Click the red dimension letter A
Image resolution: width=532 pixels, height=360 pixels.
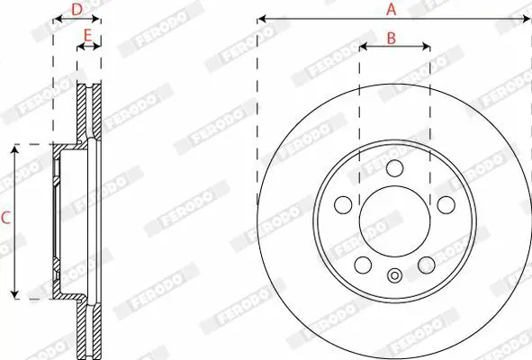(392, 9)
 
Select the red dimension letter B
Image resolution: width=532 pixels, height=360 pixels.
(392, 39)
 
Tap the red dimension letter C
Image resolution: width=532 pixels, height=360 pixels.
(5, 218)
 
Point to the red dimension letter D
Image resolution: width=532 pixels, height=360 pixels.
(77, 10)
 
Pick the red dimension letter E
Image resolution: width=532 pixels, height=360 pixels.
(87, 35)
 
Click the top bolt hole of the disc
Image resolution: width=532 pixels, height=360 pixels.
(394, 168)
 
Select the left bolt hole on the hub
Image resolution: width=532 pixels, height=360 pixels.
(343, 204)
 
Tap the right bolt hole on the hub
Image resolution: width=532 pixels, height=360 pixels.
(446, 204)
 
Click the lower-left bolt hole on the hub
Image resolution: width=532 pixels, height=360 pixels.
(363, 265)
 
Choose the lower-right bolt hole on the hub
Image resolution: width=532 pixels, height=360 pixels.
(427, 265)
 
